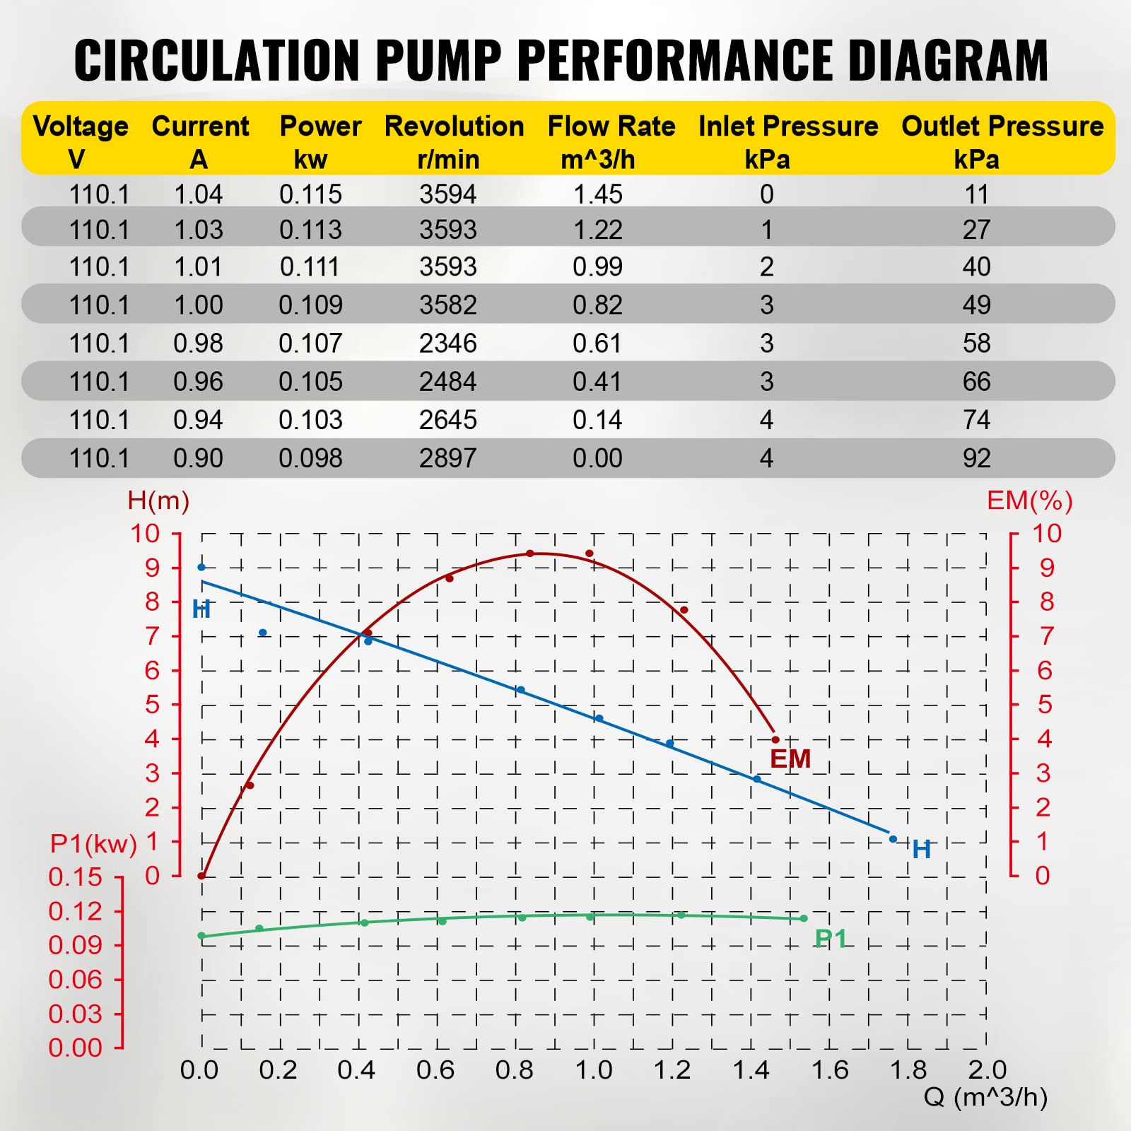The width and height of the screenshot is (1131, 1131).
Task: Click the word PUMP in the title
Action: (x=438, y=60)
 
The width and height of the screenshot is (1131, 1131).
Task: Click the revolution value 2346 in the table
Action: (x=447, y=344)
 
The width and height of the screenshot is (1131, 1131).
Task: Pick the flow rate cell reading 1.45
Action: (x=597, y=194)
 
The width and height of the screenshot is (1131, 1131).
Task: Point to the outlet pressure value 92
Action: (x=976, y=459)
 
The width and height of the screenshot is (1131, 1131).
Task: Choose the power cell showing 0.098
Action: (x=310, y=459)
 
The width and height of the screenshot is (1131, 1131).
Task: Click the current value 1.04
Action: (x=198, y=194)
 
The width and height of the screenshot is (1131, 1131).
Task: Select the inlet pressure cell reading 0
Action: (x=766, y=194)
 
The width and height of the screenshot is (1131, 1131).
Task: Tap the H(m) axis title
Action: (x=158, y=501)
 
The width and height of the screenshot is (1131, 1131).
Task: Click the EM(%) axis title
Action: (x=1029, y=501)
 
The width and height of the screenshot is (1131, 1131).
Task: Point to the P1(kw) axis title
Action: (x=93, y=844)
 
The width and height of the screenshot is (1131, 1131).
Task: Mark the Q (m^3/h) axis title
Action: (x=985, y=1098)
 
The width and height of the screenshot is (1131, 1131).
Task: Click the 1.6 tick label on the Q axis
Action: (x=829, y=1070)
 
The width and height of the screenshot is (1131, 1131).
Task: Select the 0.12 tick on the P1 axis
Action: (x=75, y=911)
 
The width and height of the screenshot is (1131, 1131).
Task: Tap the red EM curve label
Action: (x=790, y=759)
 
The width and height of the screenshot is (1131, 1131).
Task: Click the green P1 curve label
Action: (x=830, y=939)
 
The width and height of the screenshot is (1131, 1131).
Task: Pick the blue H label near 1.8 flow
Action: (x=921, y=849)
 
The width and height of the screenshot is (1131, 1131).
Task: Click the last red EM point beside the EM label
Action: (x=775, y=740)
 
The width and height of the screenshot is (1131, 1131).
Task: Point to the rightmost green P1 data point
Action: (x=804, y=919)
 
